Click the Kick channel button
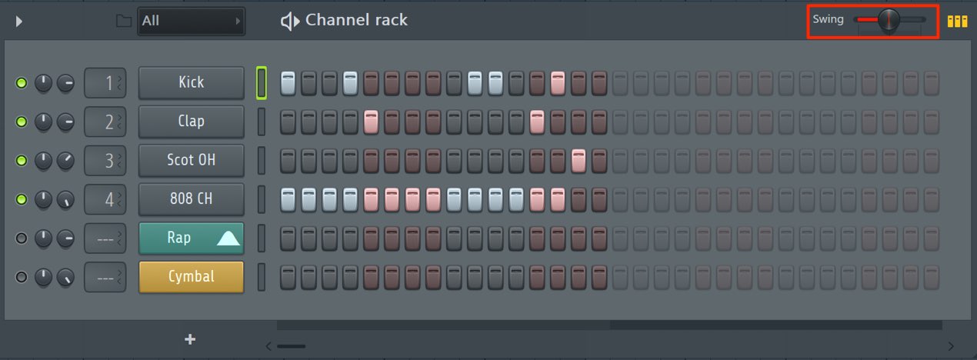click(x=191, y=82)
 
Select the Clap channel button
click(x=191, y=122)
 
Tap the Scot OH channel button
click(x=191, y=160)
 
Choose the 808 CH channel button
click(x=191, y=199)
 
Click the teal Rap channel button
click(x=191, y=238)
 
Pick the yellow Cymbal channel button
click(x=191, y=277)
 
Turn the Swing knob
click(x=889, y=20)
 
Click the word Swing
click(x=828, y=20)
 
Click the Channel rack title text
click(x=356, y=20)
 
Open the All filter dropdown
click(x=191, y=21)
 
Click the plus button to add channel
click(x=190, y=339)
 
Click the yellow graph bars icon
click(x=957, y=21)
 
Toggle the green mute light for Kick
click(x=21, y=82)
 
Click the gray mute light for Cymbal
click(x=21, y=277)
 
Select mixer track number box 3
click(x=105, y=160)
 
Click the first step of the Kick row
click(x=288, y=83)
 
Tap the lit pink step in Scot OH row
click(x=579, y=161)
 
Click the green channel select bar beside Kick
click(x=262, y=82)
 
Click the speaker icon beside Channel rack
click(x=289, y=21)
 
